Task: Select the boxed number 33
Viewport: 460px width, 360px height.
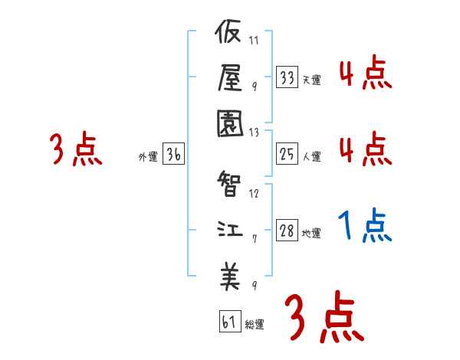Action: point(287,78)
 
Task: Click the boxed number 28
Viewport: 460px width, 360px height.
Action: point(287,231)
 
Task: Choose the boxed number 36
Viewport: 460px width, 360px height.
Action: point(174,155)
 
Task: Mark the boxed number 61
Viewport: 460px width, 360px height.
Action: point(229,322)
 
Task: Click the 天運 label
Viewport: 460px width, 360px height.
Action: point(311,80)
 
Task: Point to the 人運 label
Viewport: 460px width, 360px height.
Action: point(311,157)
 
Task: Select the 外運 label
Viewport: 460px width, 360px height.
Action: point(148,156)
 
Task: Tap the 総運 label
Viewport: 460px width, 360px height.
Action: point(255,324)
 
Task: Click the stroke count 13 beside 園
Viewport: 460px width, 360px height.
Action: point(255,131)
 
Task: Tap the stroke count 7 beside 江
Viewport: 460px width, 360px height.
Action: point(254,239)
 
